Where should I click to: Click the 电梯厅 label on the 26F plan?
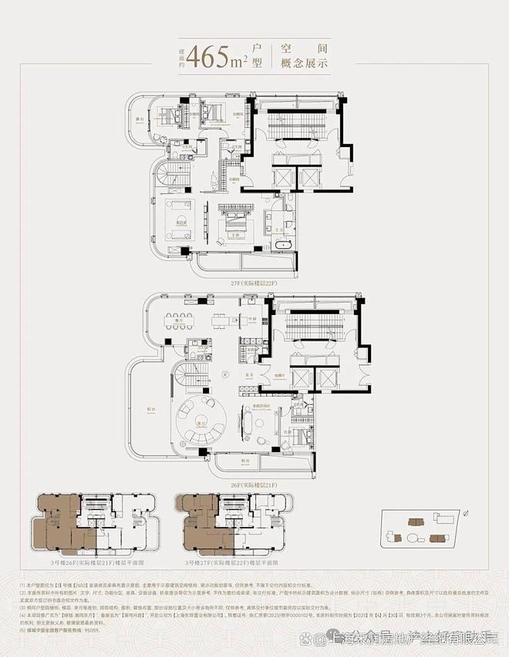[278, 375]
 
